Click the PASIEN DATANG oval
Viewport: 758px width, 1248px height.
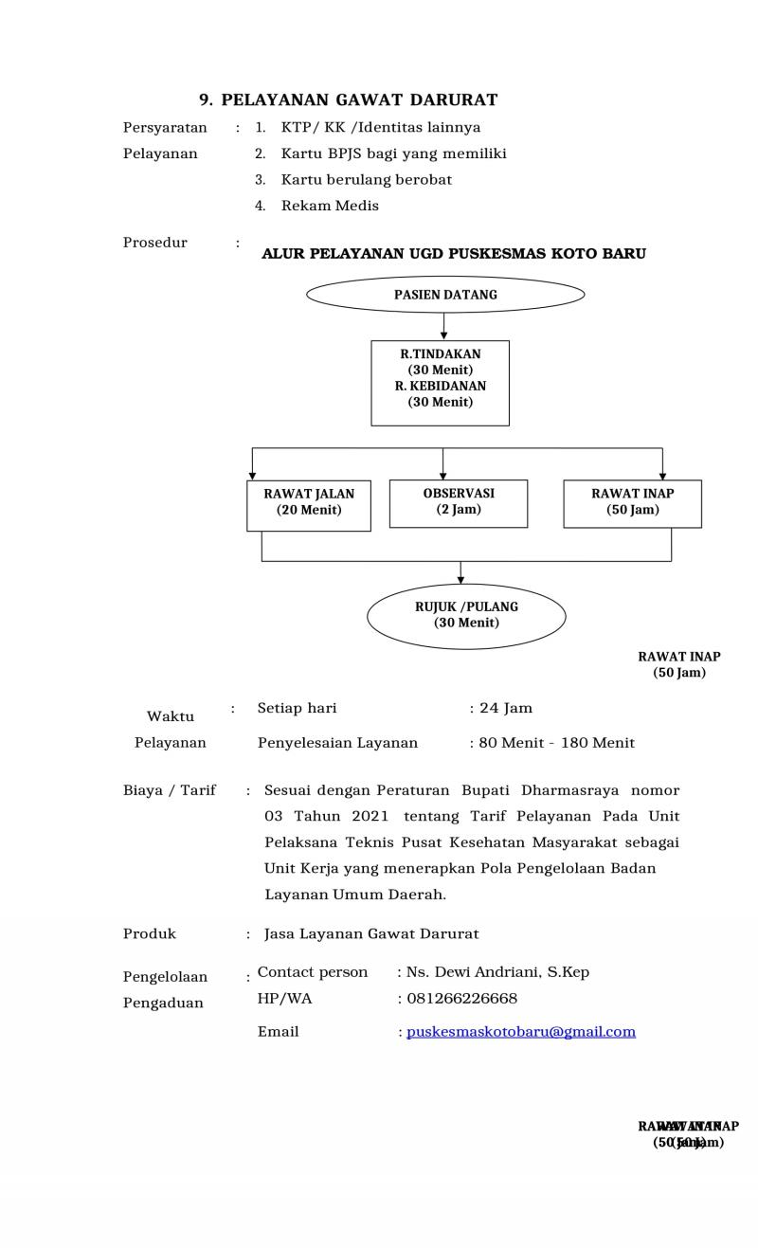[445, 295]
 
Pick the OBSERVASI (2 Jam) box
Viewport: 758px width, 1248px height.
[459, 503]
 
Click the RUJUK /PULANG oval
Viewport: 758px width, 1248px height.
[466, 616]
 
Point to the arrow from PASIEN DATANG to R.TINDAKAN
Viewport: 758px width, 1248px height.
[443, 326]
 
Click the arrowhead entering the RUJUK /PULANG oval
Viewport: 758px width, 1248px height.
[460, 578]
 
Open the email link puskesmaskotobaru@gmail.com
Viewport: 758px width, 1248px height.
[521, 1032]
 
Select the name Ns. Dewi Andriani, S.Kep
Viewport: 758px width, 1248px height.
[497, 972]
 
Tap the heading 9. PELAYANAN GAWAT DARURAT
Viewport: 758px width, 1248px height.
[348, 100]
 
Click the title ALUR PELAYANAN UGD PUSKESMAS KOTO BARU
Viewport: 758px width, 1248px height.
[454, 254]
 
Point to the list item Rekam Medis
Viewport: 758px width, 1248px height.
[330, 206]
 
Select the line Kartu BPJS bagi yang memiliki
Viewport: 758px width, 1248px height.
[393, 154]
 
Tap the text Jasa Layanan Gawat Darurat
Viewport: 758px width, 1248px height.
[371, 934]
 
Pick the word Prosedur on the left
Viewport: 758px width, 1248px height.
[155, 243]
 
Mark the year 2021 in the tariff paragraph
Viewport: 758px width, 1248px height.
[370, 817]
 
